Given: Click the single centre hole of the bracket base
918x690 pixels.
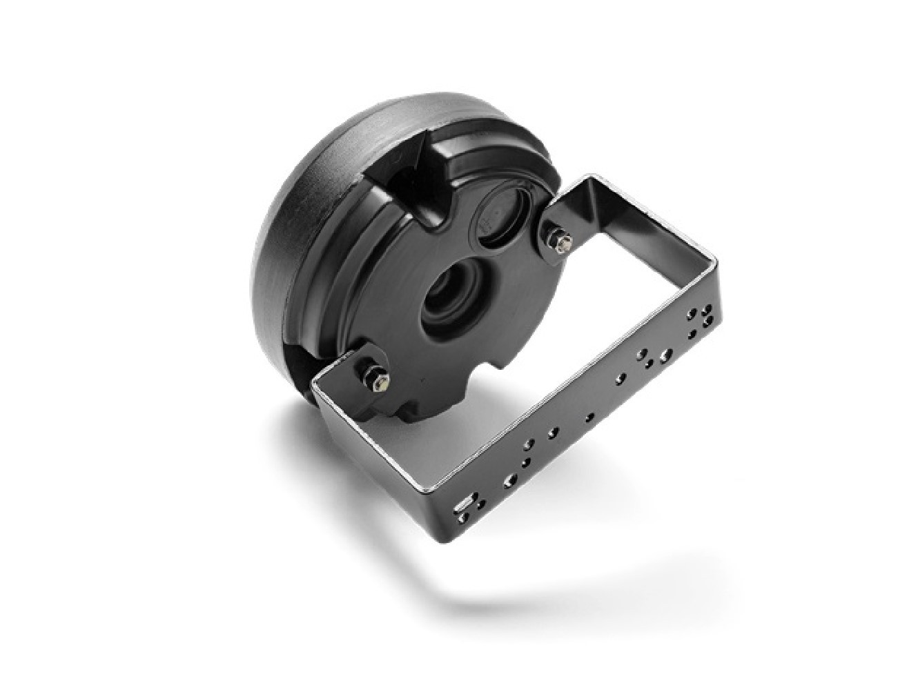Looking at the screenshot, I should (x=589, y=417).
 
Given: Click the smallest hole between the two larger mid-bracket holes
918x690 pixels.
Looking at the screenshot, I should (x=589, y=417).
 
